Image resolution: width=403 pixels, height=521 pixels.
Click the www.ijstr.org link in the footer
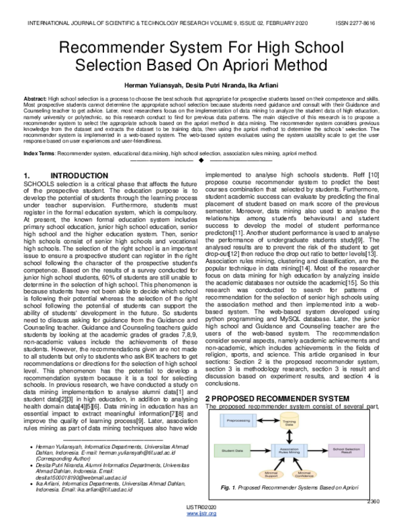click(x=201, y=514)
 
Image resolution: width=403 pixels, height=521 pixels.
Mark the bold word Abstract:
click(x=36, y=98)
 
